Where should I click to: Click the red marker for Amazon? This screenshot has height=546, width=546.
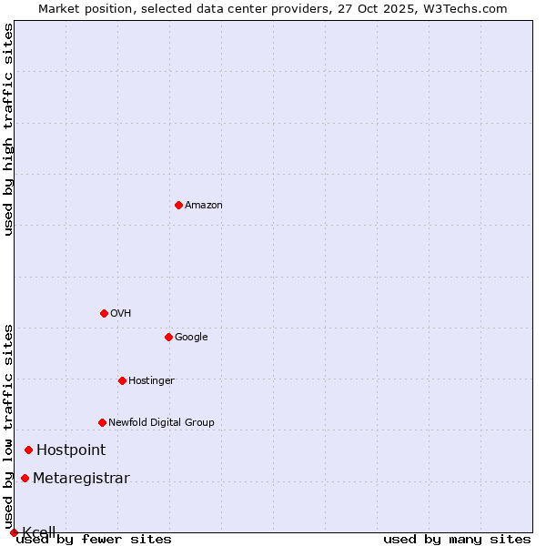coord(178,205)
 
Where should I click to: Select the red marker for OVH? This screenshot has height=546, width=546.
coord(104,313)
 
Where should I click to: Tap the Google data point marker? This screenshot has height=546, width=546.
coord(168,337)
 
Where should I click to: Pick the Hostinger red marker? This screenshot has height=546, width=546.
coord(122,380)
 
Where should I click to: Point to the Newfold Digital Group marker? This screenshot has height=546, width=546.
coord(102,422)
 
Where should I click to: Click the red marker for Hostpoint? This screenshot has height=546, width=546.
coord(28,450)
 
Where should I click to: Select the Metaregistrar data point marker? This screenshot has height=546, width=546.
coord(25,479)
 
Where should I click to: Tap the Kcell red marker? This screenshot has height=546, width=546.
coord(14,532)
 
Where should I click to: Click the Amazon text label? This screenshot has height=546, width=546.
coord(204,206)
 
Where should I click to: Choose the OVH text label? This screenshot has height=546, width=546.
coord(121,314)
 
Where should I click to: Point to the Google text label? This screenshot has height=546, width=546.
coord(191,338)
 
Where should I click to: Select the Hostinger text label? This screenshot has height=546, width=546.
coord(151,381)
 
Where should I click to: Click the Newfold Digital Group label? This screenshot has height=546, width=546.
coord(161,423)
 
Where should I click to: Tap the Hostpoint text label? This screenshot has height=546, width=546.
coord(71,450)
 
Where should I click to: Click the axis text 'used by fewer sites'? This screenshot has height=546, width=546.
coord(94,540)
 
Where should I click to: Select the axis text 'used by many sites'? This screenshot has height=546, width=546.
coord(457,540)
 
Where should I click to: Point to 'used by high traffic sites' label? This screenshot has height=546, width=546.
coord(9,129)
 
